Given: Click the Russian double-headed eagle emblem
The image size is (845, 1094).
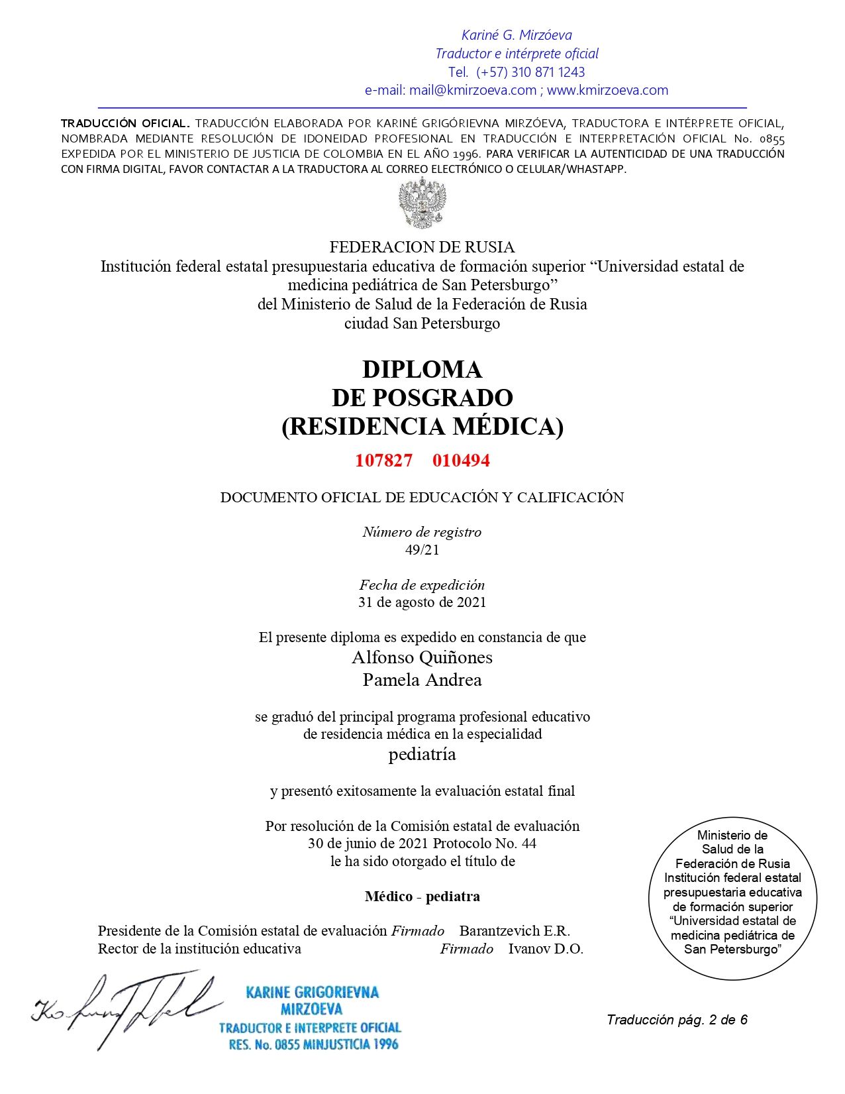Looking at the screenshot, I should pyautogui.click(x=422, y=203).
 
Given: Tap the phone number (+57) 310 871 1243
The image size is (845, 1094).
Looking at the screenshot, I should pyautogui.click(x=530, y=72).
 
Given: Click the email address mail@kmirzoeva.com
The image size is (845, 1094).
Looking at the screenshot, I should pyautogui.click(x=472, y=90).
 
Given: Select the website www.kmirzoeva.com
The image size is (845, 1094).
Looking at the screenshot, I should pyautogui.click(x=607, y=90).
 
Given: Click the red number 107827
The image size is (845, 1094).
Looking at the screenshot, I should pyautogui.click(x=383, y=461).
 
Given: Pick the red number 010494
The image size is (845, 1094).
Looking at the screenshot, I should pyautogui.click(x=461, y=461).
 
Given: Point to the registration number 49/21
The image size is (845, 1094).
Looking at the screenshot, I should pyautogui.click(x=422, y=549).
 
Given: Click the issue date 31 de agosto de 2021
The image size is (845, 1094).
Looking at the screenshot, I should pyautogui.click(x=422, y=602).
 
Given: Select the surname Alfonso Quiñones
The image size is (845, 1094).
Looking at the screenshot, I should pyautogui.click(x=422, y=657).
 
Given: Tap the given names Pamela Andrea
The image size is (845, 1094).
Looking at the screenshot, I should pyautogui.click(x=422, y=680).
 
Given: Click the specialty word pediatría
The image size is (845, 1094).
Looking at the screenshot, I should pyautogui.click(x=422, y=754).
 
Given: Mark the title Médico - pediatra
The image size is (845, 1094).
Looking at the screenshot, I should pyautogui.click(x=422, y=897).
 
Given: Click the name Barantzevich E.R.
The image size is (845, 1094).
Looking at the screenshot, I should pyautogui.click(x=515, y=930).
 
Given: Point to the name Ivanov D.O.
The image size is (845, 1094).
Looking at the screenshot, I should pyautogui.click(x=546, y=949).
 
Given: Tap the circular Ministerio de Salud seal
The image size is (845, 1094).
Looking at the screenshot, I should pyautogui.click(x=732, y=898).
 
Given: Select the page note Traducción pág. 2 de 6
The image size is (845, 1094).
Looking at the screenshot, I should pyautogui.click(x=677, y=1020).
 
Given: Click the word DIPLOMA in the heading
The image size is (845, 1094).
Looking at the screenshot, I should pyautogui.click(x=422, y=369).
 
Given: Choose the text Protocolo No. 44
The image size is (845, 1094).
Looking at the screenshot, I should pyautogui.click(x=485, y=844).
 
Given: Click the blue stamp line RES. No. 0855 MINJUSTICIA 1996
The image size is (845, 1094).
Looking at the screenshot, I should pyautogui.click(x=313, y=1045).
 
